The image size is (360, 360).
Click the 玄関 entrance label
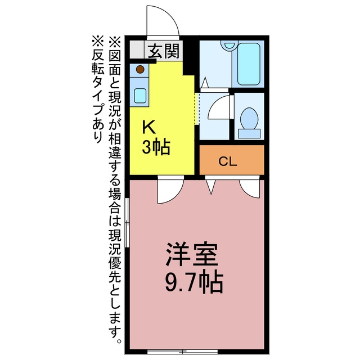(163, 51)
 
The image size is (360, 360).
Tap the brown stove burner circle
(140, 69)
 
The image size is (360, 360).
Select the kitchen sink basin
(140, 96)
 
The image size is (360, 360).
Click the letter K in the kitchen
(148, 128)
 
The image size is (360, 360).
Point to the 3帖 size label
(156, 147)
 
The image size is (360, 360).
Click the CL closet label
(227, 161)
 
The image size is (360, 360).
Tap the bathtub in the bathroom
(249, 64)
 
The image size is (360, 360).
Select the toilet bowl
(249, 119)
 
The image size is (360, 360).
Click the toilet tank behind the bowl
(249, 133)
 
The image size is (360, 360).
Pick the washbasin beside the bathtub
(229, 45)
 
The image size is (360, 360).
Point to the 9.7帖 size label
(194, 283)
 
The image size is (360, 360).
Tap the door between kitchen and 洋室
(171, 190)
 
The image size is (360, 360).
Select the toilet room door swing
(219, 107)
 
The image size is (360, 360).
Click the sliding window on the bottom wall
(182, 352)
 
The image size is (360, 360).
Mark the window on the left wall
(127, 223)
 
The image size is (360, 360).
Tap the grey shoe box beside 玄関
(137, 49)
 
